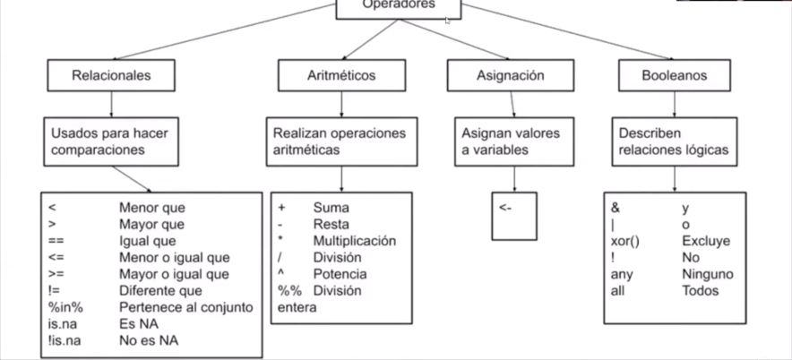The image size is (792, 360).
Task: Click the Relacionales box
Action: click(x=111, y=76)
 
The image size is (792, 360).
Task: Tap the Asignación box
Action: click(x=510, y=76)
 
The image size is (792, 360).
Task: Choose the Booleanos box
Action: click(x=674, y=76)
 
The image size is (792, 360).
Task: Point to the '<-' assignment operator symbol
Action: click(x=507, y=208)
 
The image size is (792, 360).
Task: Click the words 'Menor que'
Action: click(x=151, y=208)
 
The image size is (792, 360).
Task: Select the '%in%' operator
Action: click(x=65, y=307)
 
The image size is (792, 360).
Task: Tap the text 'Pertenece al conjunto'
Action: click(x=185, y=307)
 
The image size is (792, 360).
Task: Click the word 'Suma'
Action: click(x=331, y=208)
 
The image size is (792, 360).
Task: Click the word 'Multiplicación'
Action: click(x=354, y=241)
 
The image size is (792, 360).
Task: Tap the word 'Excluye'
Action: click(x=706, y=241)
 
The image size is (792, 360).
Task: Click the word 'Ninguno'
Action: click(x=707, y=274)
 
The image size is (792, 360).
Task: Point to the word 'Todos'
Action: click(x=700, y=290)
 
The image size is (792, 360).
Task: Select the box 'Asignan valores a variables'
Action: click(x=510, y=141)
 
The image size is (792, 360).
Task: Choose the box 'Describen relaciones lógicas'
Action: click(x=674, y=141)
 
